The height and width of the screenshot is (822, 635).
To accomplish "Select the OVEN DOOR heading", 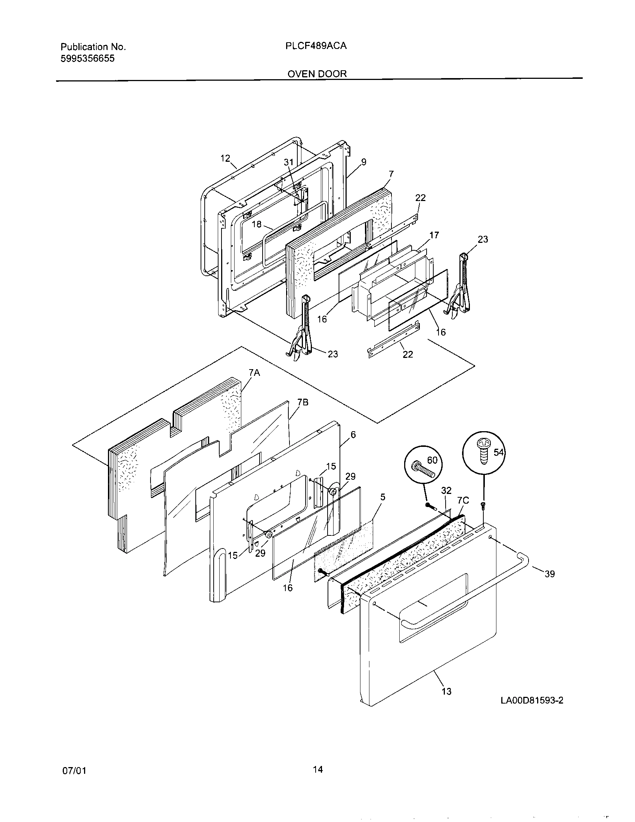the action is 317,74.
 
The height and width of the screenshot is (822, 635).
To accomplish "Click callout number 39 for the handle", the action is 549,574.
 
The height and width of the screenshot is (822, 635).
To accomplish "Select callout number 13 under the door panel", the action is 446,691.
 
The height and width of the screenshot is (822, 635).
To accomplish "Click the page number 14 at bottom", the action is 317,769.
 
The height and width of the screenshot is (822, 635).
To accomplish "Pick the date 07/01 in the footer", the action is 74,771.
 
